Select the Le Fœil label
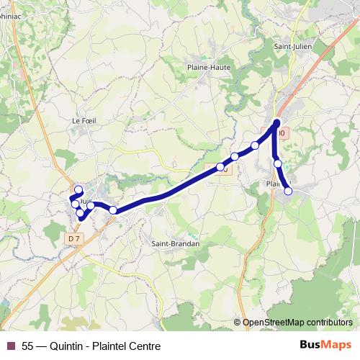(84, 121)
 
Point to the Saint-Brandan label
(175, 243)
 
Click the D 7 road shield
(73, 238)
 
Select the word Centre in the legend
(143, 345)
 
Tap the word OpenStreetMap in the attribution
(274, 323)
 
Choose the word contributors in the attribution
(330, 323)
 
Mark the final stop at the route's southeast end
(288, 191)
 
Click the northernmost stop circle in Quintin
(78, 190)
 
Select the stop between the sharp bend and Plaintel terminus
(278, 164)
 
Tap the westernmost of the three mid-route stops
(220, 167)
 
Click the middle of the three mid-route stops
(235, 156)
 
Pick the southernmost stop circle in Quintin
(81, 213)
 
